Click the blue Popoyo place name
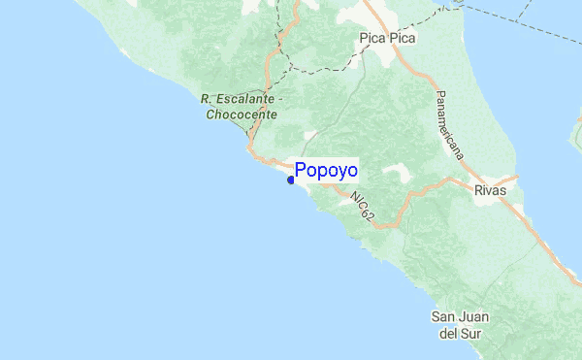click(x=326, y=171)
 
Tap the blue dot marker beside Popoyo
click(x=291, y=179)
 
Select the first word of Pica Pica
click(x=372, y=40)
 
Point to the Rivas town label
click(x=491, y=191)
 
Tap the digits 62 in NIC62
click(x=368, y=215)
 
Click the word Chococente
click(x=242, y=114)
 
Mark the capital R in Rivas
click(x=477, y=191)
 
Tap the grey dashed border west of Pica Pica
click(x=320, y=71)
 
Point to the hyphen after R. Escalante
click(x=280, y=99)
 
